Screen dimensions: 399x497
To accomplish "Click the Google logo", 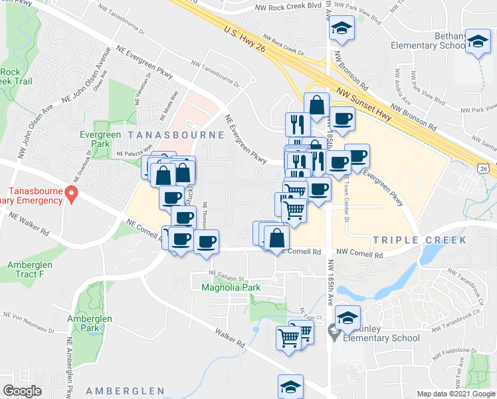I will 22,391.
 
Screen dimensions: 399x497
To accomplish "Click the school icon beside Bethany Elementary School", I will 477,41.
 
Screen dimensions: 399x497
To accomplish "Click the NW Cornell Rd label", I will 359,253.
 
